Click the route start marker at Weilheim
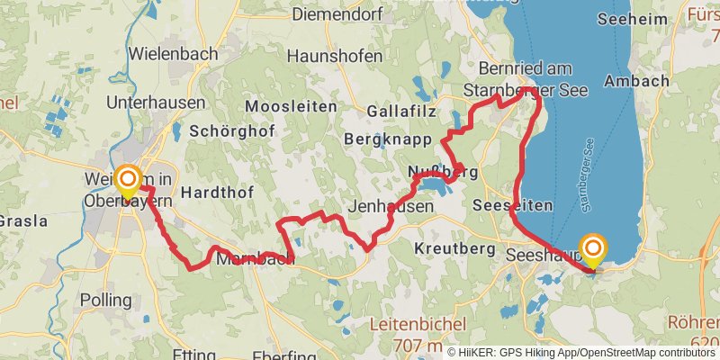[x=128, y=179]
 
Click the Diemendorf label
[x=337, y=14]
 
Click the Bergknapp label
[x=387, y=139]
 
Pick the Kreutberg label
[x=456, y=247]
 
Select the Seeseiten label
[x=513, y=205]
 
